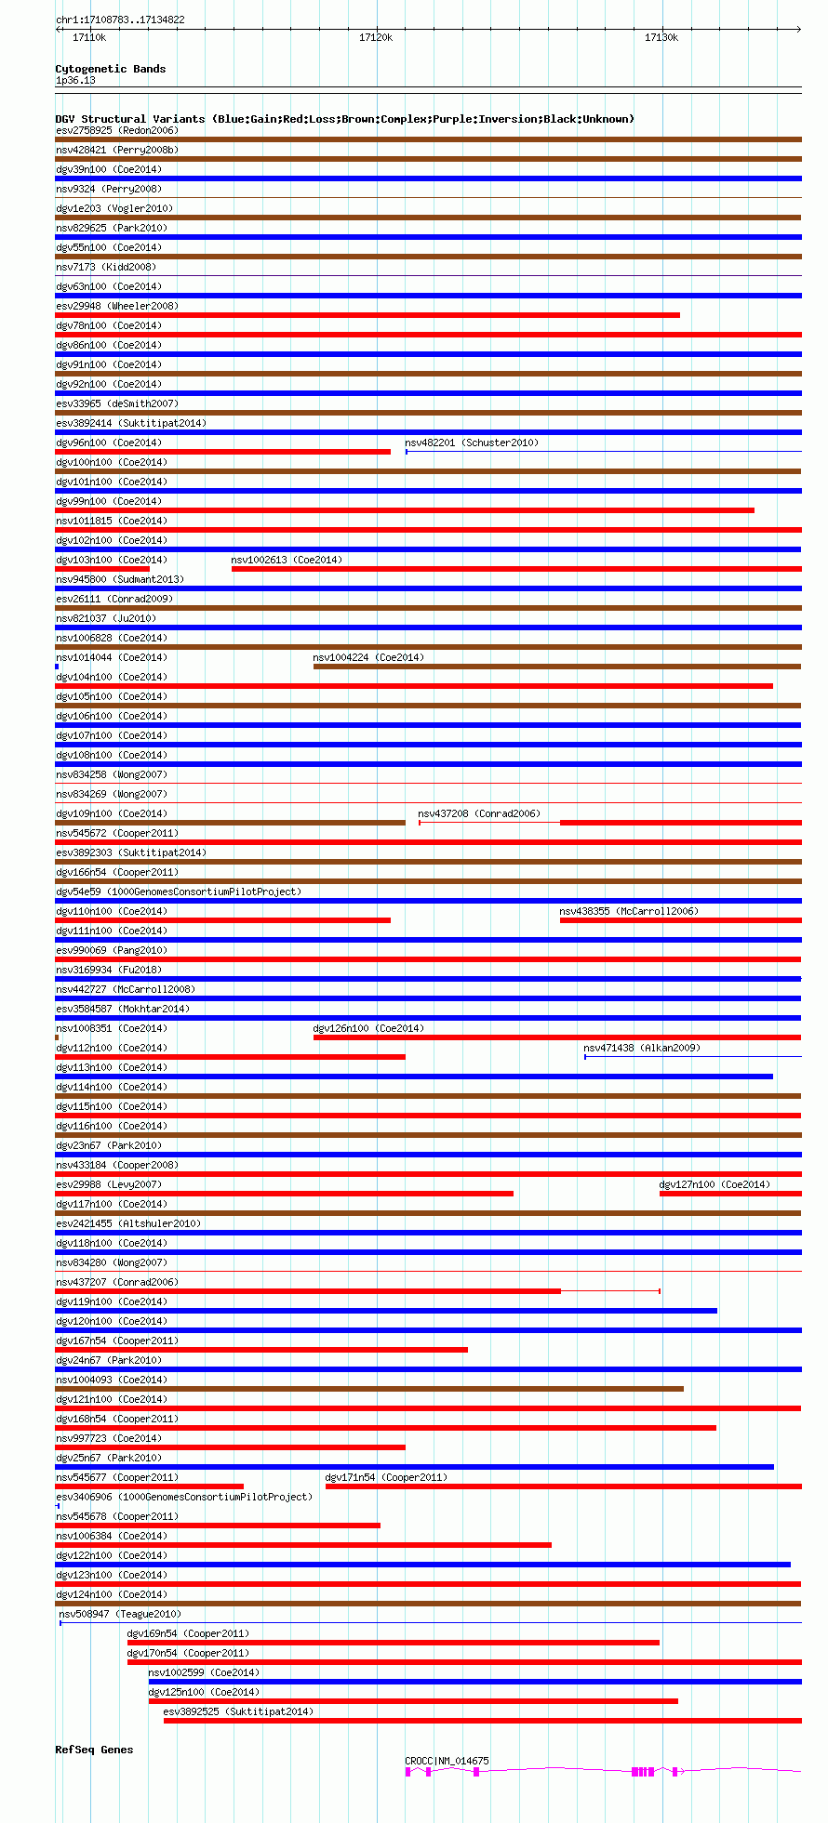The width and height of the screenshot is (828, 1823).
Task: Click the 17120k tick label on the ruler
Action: point(376,37)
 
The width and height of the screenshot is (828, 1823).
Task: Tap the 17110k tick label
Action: point(89,37)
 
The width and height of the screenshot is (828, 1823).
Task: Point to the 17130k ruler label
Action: point(661,37)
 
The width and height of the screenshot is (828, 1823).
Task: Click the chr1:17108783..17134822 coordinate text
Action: point(120,20)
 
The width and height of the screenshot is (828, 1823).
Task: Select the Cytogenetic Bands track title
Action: point(110,69)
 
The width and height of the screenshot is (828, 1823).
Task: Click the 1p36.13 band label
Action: point(75,80)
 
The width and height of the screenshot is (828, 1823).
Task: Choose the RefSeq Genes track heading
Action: point(94,1750)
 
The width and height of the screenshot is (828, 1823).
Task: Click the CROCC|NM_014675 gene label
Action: point(447,1761)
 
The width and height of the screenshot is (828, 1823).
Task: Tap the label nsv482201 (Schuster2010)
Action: point(472,443)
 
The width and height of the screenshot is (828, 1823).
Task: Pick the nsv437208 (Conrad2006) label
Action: point(479,813)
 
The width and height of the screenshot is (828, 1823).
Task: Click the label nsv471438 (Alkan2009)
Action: point(642,1048)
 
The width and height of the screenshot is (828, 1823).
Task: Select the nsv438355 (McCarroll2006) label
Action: point(629,911)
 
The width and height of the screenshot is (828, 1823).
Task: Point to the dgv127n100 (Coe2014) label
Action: point(714,1184)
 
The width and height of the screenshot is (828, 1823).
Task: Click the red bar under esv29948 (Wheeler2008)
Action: point(367,315)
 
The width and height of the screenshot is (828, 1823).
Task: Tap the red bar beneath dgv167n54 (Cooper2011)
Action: point(261,1350)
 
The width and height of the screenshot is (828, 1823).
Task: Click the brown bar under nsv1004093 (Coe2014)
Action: point(369,1389)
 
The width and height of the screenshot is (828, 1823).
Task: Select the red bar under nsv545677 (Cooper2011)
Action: point(150,1486)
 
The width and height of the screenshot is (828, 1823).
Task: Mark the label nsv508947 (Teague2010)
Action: point(120,1614)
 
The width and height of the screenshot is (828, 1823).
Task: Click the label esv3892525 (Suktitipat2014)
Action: point(238,1711)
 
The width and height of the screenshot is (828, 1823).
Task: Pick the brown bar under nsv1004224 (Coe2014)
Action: point(556,667)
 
